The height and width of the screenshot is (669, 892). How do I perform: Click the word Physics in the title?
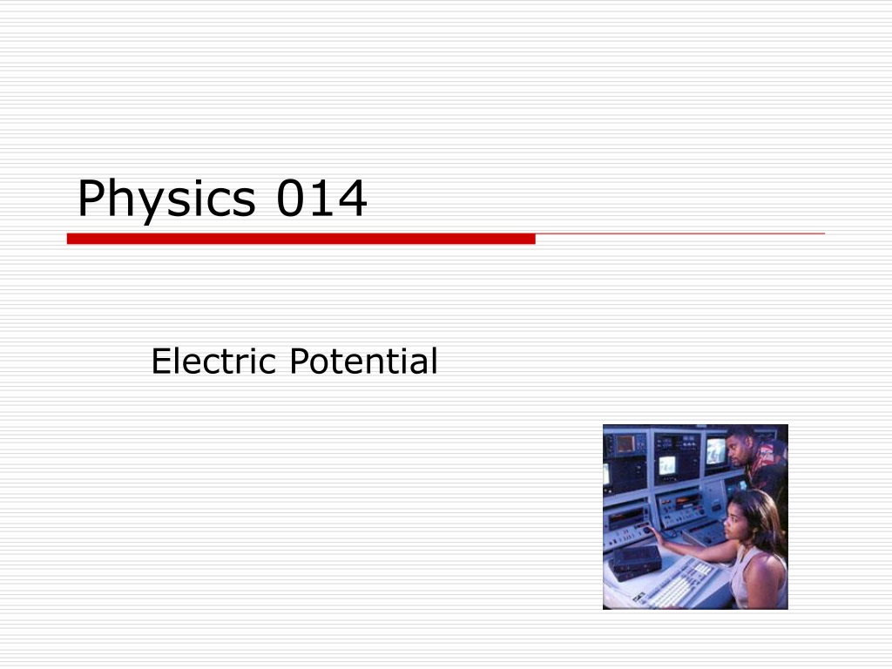click(x=166, y=199)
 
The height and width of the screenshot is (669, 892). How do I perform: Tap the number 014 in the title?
click(x=321, y=198)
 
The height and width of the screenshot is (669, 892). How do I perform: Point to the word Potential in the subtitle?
click(x=363, y=361)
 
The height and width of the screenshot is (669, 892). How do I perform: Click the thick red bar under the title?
click(x=301, y=239)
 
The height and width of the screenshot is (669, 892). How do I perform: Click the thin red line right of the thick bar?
click(x=679, y=233)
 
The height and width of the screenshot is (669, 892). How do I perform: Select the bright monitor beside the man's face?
click(x=716, y=451)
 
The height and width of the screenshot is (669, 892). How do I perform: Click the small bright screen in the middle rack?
click(x=667, y=465)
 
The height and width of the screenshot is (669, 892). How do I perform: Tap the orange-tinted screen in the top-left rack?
click(x=625, y=443)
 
